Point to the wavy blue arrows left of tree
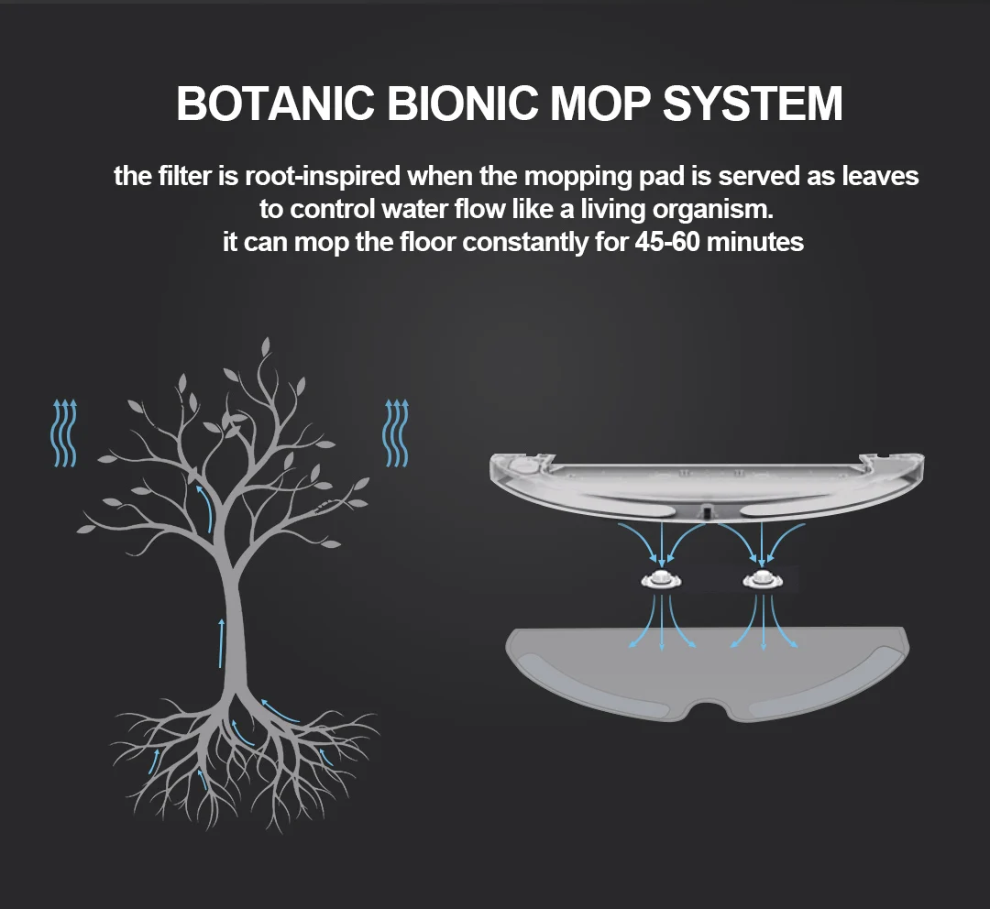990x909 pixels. click(x=64, y=433)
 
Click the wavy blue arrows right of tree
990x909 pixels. click(x=397, y=433)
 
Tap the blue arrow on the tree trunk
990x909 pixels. click(x=221, y=642)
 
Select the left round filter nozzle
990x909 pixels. click(x=661, y=578)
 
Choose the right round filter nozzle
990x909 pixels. click(x=763, y=578)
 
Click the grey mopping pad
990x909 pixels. click(x=708, y=674)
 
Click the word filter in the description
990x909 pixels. click(x=187, y=176)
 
